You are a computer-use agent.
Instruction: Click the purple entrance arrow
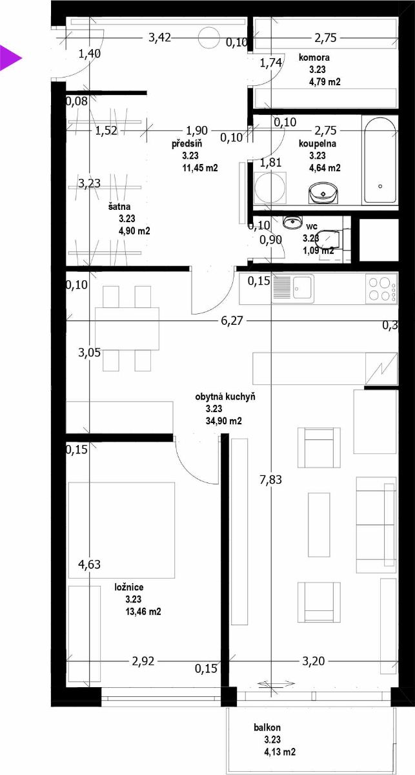click(10, 58)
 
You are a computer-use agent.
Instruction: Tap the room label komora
click(314, 57)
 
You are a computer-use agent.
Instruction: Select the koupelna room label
click(318, 143)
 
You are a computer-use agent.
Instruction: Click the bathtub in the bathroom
click(380, 160)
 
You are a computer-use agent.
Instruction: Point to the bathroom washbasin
click(323, 192)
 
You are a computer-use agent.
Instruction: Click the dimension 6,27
click(232, 321)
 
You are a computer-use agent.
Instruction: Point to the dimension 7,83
click(271, 479)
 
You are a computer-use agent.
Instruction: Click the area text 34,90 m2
click(224, 420)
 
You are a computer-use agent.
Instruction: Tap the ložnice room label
click(129, 587)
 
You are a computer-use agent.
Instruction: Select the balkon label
click(267, 727)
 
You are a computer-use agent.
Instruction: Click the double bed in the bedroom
click(121, 530)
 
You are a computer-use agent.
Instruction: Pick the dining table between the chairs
click(127, 329)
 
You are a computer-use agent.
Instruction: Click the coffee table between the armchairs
click(319, 525)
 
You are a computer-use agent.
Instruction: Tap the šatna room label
click(119, 207)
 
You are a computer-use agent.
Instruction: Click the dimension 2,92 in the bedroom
click(143, 661)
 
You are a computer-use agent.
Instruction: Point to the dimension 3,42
click(160, 37)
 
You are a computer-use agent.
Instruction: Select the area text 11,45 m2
click(200, 168)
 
